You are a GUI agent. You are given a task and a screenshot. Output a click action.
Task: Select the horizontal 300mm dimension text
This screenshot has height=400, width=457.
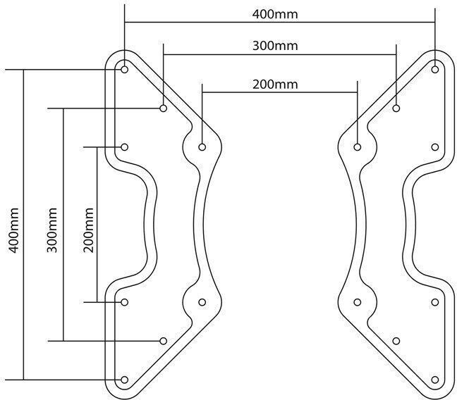(275, 46)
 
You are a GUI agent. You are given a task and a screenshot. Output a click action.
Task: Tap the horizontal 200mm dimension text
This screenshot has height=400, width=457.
(275, 84)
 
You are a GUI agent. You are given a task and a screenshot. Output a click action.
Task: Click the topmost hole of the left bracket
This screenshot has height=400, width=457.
(125, 70)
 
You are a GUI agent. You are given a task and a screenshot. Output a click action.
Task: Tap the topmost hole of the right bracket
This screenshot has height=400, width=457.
(435, 70)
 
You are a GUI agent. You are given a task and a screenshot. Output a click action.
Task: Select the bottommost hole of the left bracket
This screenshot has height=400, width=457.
(125, 380)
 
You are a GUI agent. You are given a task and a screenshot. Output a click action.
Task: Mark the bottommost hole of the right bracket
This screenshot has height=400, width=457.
(435, 380)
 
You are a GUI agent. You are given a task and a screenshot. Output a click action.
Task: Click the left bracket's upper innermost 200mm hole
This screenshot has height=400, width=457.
(202, 147)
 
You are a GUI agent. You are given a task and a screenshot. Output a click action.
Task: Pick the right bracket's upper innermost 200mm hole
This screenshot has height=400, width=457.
(358, 147)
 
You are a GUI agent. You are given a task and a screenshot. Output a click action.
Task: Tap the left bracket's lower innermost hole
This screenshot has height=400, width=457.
(202, 302)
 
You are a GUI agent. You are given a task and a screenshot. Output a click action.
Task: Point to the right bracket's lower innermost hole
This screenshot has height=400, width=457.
(358, 302)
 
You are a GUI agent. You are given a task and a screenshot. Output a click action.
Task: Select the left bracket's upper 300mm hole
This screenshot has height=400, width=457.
(163, 108)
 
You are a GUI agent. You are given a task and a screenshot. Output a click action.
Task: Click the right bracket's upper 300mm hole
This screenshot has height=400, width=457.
(397, 108)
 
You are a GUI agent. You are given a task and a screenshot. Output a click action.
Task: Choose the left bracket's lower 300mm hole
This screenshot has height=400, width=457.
(163, 341)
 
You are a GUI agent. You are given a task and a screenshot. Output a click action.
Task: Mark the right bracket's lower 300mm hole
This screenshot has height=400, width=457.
(397, 341)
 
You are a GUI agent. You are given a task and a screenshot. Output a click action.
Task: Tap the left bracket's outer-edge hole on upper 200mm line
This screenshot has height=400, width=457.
(125, 147)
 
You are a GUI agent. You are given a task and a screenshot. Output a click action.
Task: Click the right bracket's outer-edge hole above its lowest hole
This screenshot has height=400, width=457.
(435, 302)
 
